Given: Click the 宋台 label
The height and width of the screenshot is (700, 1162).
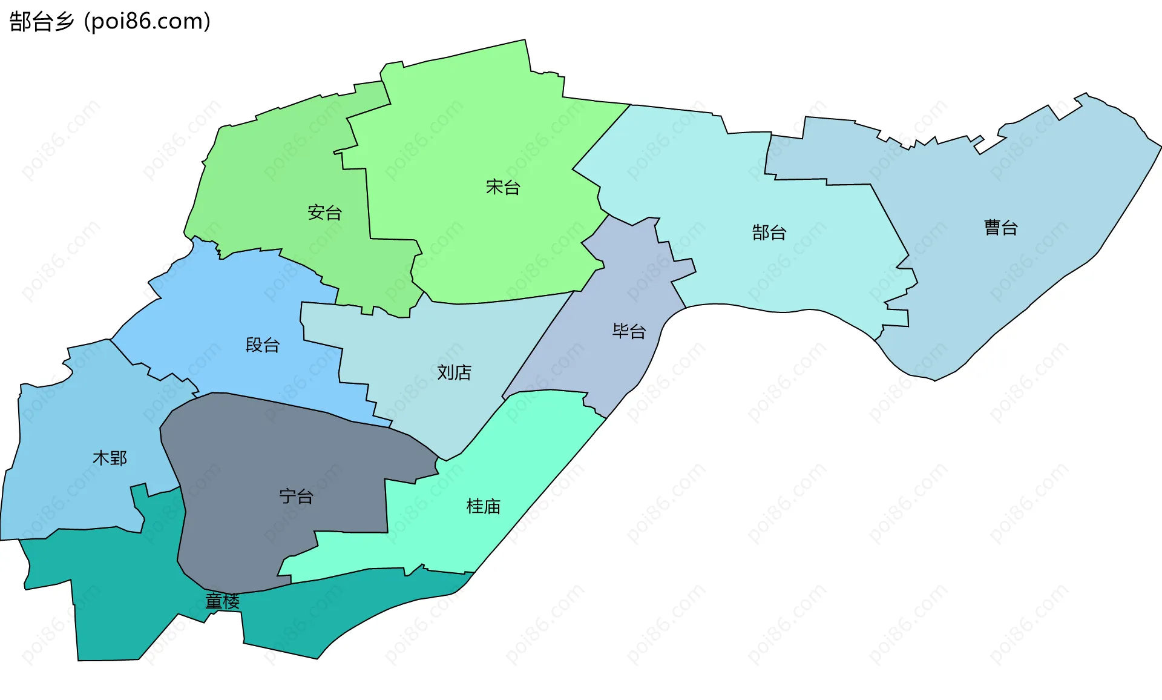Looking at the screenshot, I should [x=503, y=188].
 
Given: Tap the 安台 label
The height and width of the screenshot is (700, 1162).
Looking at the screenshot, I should [x=325, y=213].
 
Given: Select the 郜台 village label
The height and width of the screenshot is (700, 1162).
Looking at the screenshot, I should [x=769, y=233].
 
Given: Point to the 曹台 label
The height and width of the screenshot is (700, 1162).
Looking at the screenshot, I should [x=1001, y=228].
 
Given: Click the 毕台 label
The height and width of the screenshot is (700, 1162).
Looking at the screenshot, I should [x=629, y=331].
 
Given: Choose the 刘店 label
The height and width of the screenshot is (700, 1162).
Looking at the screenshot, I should [x=455, y=372].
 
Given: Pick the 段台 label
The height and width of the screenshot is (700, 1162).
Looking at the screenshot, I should [x=263, y=345].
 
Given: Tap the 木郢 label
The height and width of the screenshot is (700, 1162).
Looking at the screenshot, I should [x=110, y=458].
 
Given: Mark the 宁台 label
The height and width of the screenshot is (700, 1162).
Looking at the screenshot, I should [x=297, y=497].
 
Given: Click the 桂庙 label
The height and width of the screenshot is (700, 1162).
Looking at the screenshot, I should [x=484, y=506].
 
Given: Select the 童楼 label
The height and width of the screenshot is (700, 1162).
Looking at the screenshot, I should [x=223, y=601].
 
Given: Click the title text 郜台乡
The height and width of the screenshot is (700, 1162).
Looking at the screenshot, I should [x=42, y=22].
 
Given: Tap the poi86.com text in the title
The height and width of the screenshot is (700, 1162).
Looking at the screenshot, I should [x=147, y=22].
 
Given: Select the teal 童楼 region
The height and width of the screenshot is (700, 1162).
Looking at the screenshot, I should [x=121, y=606].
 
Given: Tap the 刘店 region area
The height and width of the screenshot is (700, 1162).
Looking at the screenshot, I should [x=424, y=339].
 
